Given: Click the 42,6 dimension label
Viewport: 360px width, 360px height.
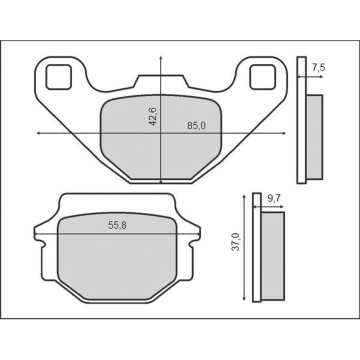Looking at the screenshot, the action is pyautogui.click(x=153, y=116).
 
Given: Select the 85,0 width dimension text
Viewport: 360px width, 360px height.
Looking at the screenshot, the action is pyautogui.click(x=196, y=125).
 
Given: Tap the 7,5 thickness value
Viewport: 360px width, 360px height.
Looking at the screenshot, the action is pyautogui.click(x=318, y=67).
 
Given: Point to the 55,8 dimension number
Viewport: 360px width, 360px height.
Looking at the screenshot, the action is pyautogui.click(x=117, y=225).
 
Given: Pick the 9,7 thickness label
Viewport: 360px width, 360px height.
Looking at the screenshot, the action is pyautogui.click(x=274, y=198).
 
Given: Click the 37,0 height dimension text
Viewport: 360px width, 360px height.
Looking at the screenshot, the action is pyautogui.click(x=236, y=242).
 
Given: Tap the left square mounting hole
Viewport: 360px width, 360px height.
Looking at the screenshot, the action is pyautogui.click(x=59, y=77).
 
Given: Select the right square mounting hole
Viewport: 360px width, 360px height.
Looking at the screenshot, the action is pyautogui.click(x=262, y=77).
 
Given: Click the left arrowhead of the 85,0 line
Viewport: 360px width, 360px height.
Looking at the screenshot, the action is pyautogui.click(x=38, y=133).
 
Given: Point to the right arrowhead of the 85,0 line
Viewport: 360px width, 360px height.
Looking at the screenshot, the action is pyautogui.click(x=284, y=133).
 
